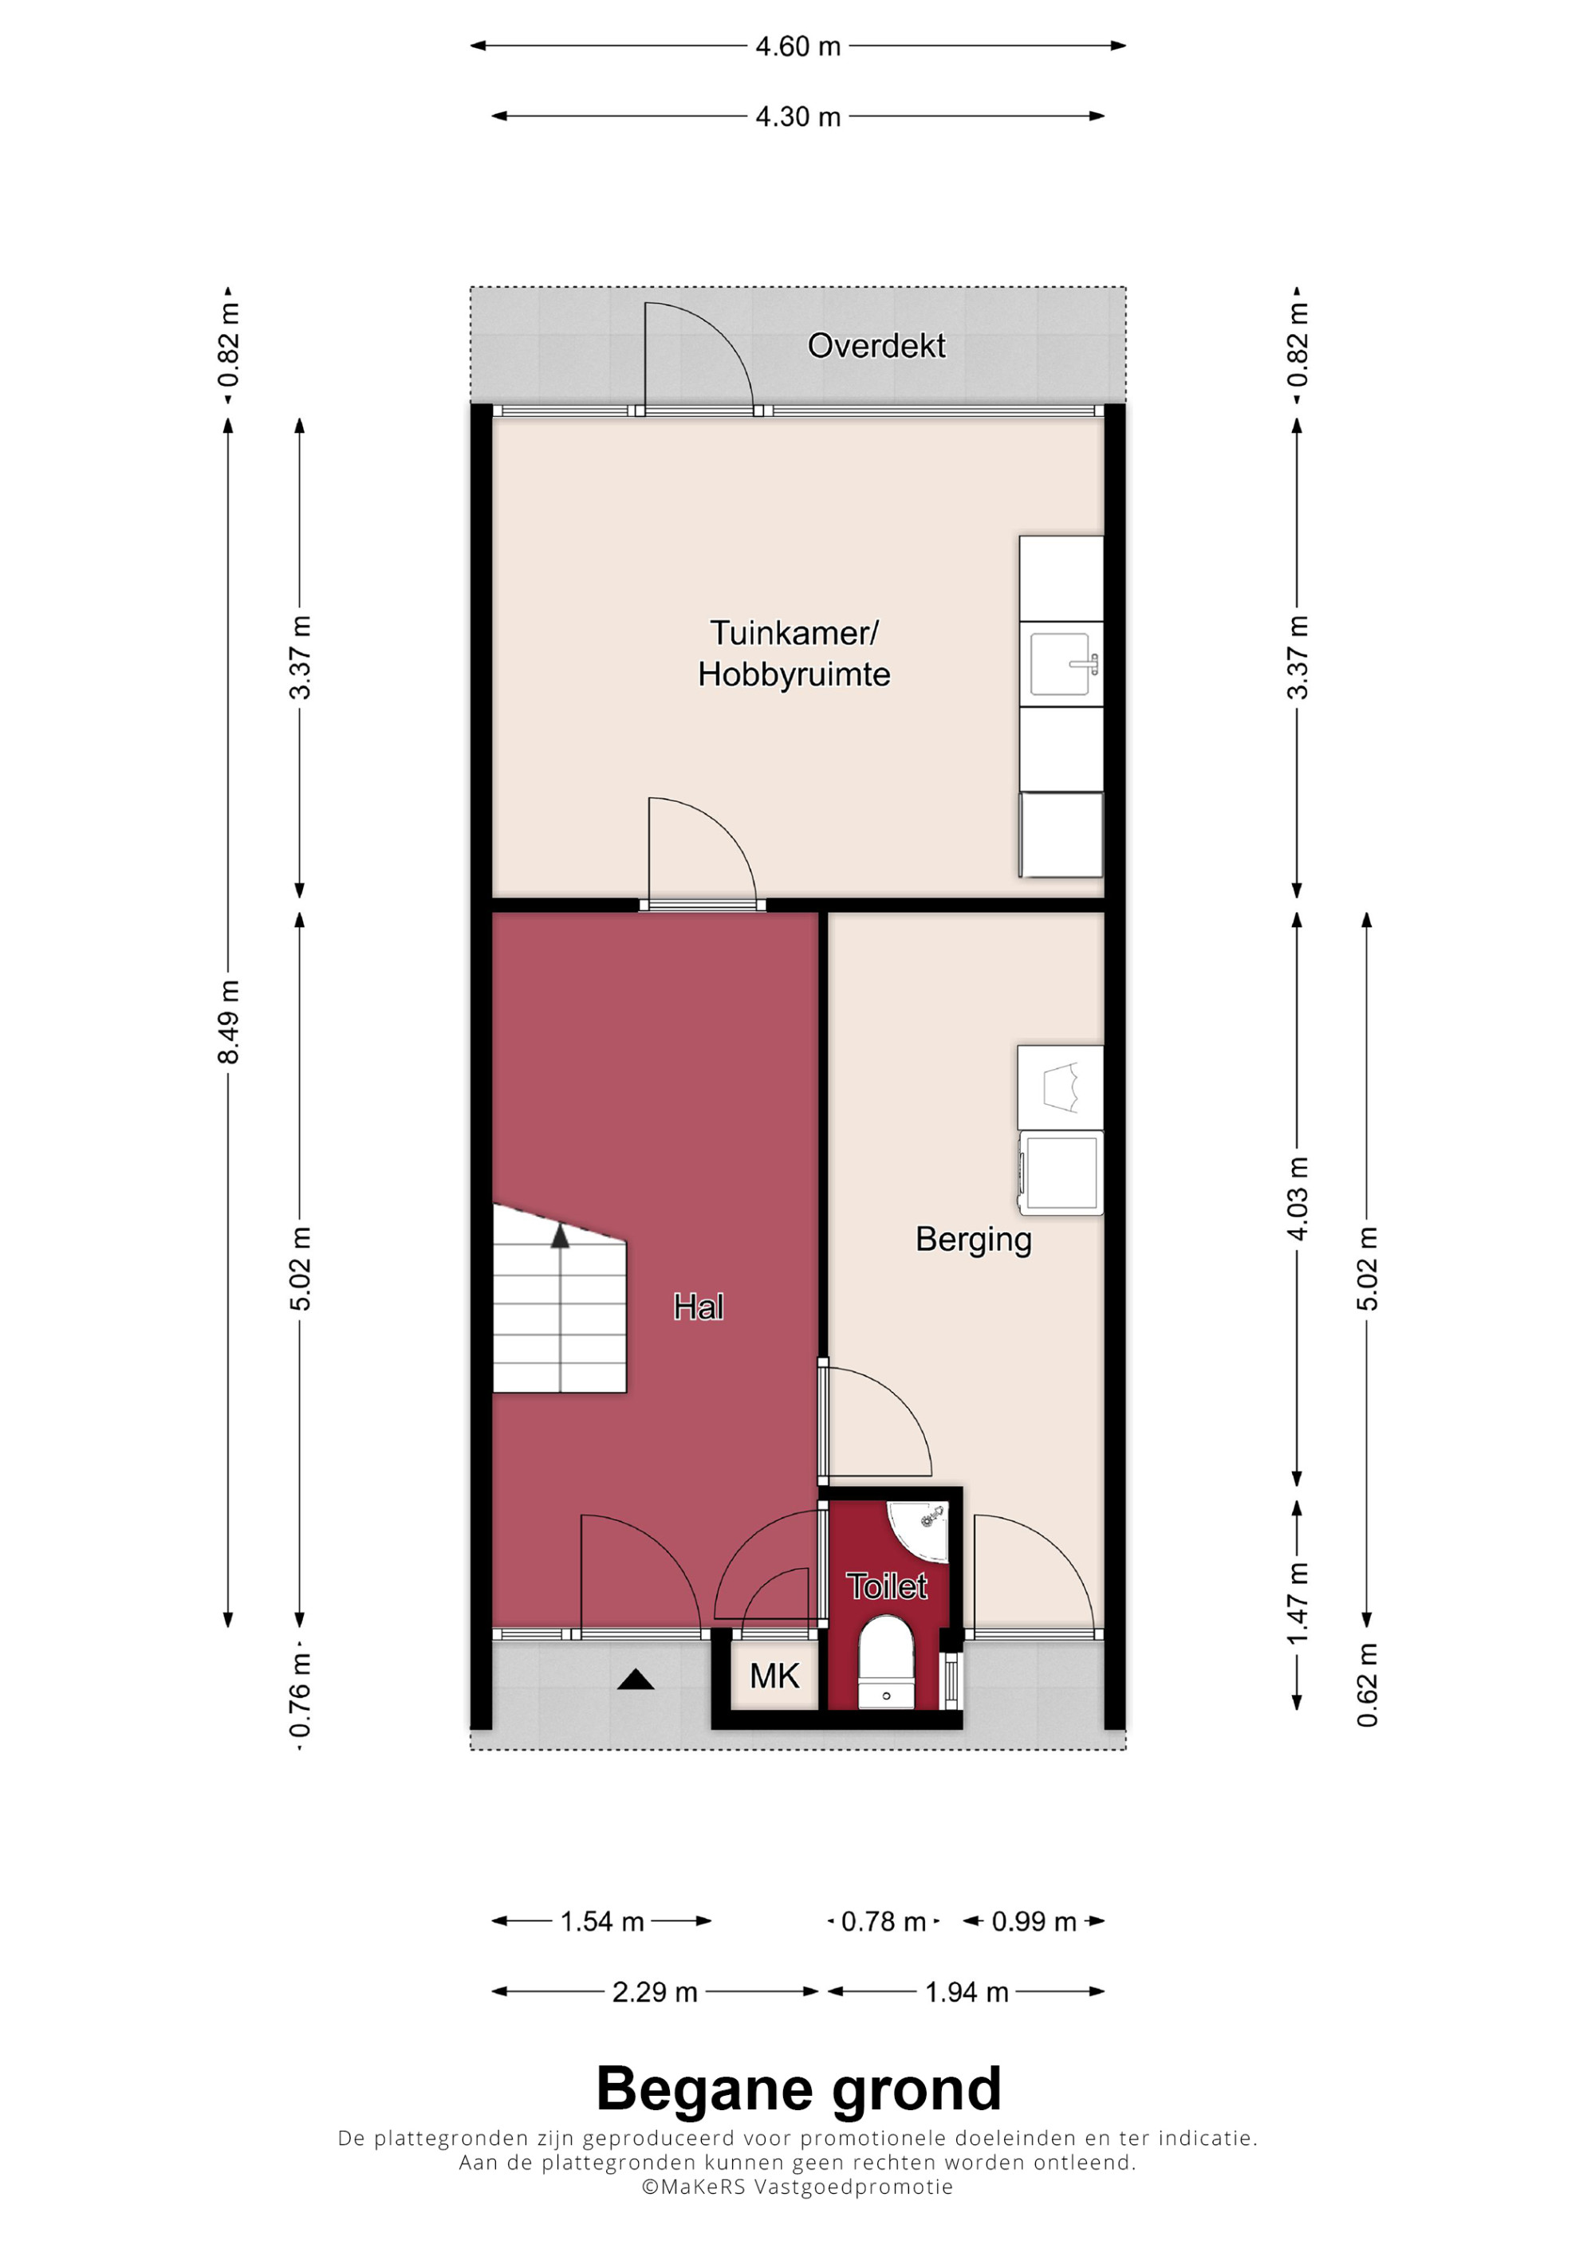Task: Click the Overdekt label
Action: click(876, 346)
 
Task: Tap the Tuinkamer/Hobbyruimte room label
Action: click(794, 654)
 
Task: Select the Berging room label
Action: click(973, 1239)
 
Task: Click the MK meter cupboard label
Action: click(774, 1676)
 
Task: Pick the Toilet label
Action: click(887, 1587)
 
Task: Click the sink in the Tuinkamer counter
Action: click(1061, 664)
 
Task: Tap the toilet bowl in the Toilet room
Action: click(887, 1663)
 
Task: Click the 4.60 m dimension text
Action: click(798, 46)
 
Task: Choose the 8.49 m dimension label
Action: click(228, 1022)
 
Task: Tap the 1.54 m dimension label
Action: click(601, 1921)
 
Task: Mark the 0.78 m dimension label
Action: click(884, 1921)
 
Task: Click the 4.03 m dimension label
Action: click(1298, 1199)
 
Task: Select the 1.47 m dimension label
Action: click(1298, 1605)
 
